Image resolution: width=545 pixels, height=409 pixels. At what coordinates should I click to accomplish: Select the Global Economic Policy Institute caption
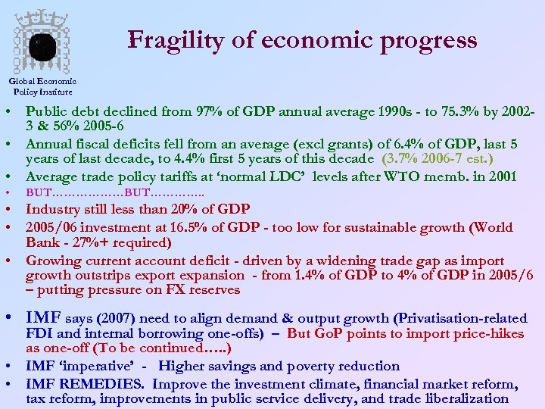pyautogui.click(x=42, y=86)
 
